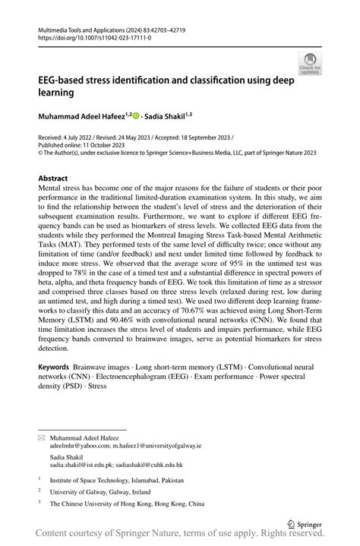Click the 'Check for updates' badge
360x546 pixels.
pyautogui.click(x=310, y=64)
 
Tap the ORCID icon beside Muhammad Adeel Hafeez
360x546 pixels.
pyautogui.click(x=136, y=115)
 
